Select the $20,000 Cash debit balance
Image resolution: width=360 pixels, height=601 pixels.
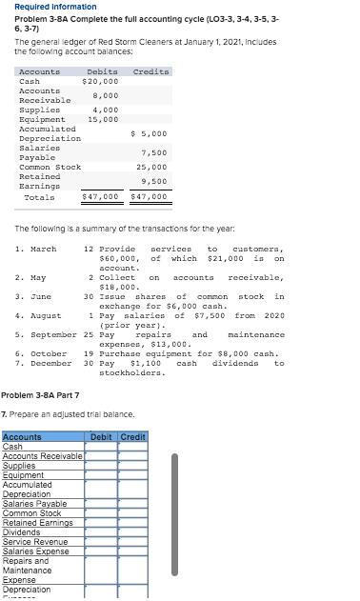(x=100, y=82)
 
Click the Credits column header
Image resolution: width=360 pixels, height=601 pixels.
(x=150, y=71)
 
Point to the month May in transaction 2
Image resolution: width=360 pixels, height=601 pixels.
(x=36, y=278)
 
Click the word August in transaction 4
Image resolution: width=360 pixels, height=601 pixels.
(x=45, y=315)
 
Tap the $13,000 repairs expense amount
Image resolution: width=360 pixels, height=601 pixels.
(x=174, y=344)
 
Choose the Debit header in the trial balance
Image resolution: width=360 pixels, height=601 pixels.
(x=102, y=437)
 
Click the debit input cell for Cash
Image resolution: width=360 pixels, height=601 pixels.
(x=101, y=447)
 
